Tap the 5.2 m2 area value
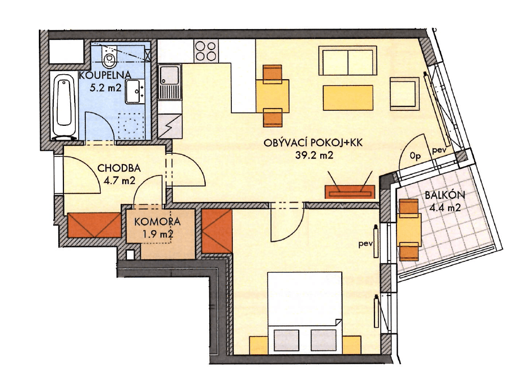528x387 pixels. click(x=105, y=87)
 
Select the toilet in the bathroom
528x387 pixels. click(x=108, y=59)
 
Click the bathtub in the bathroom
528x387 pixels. click(x=65, y=107)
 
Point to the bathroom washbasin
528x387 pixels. click(x=135, y=91)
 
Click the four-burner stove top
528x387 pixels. click(x=206, y=51)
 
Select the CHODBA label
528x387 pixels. click(x=119, y=168)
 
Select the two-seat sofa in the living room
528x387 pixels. click(x=347, y=61)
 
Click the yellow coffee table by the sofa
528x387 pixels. click(x=347, y=98)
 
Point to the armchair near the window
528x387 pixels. click(x=405, y=93)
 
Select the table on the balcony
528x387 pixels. click(x=409, y=230)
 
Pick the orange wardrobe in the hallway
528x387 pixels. click(x=94, y=224)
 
